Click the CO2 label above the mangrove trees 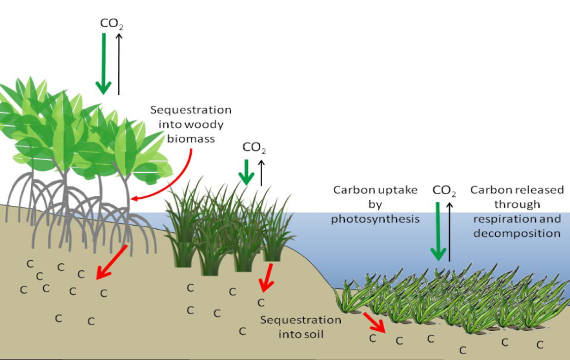pos(112,24)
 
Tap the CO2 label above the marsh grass pos(254,148)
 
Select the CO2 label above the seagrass pos(444,191)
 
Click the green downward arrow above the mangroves pos(103,64)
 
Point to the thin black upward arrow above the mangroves pos(119,64)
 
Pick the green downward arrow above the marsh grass pos(247,172)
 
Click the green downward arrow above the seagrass pos(438,232)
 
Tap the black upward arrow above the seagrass pos(450,232)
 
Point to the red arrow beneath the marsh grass pos(267,278)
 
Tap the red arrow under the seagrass pos(374,323)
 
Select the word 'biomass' pos(191,139)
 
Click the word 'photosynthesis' pos(375,219)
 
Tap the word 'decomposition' pos(516,233)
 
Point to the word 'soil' pos(315,334)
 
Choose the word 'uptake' pos(398,190)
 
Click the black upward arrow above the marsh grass pos(261,173)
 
